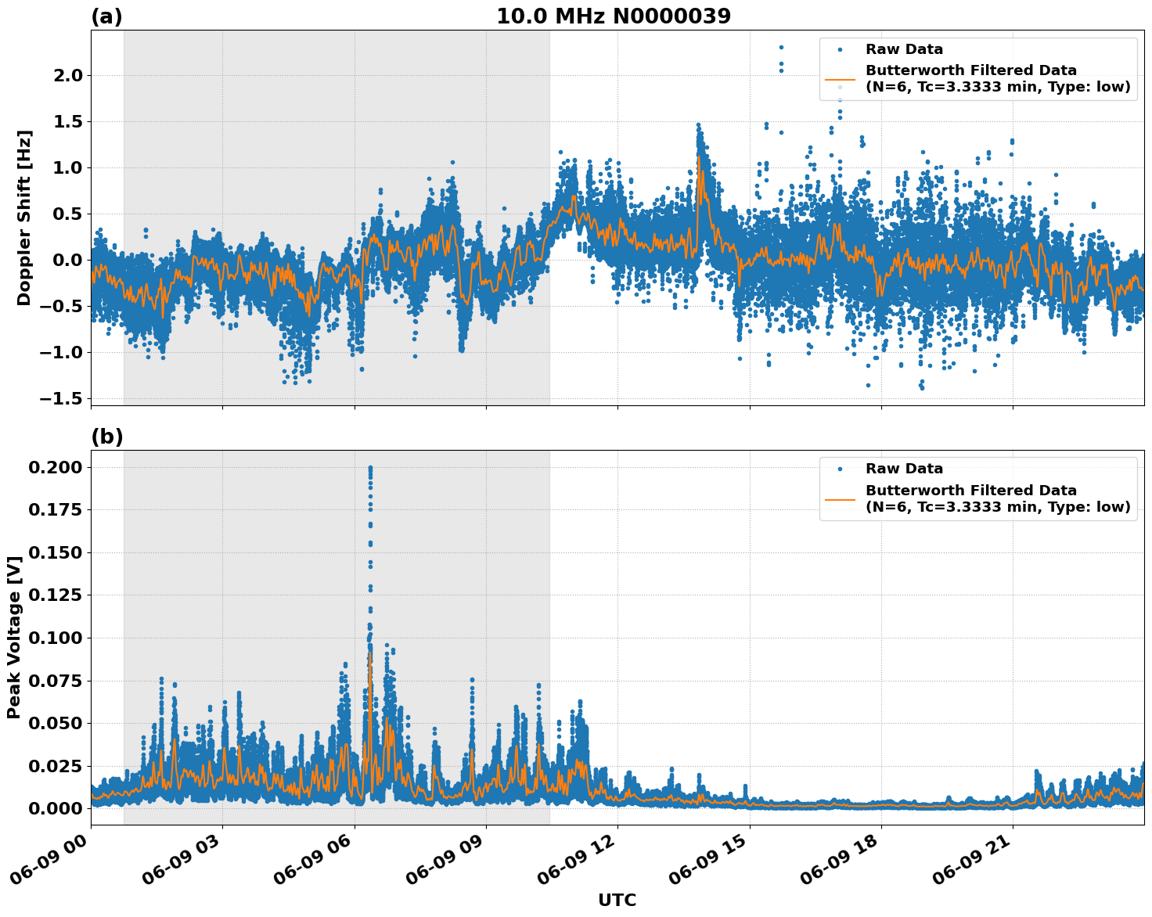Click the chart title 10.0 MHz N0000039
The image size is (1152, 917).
click(x=613, y=16)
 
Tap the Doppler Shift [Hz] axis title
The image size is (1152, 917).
click(x=24, y=218)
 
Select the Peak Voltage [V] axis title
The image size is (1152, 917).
click(x=14, y=637)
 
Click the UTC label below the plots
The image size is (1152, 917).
click(x=617, y=901)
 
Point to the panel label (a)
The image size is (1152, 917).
click(x=106, y=16)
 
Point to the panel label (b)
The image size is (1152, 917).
click(x=106, y=437)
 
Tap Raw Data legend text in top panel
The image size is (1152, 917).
click(x=904, y=49)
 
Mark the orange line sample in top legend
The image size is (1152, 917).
click(x=840, y=79)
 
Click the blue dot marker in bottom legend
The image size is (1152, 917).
click(x=840, y=469)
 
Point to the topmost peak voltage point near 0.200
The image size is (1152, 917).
click(x=370, y=468)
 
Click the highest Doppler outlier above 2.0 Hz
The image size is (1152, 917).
click(x=781, y=47)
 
